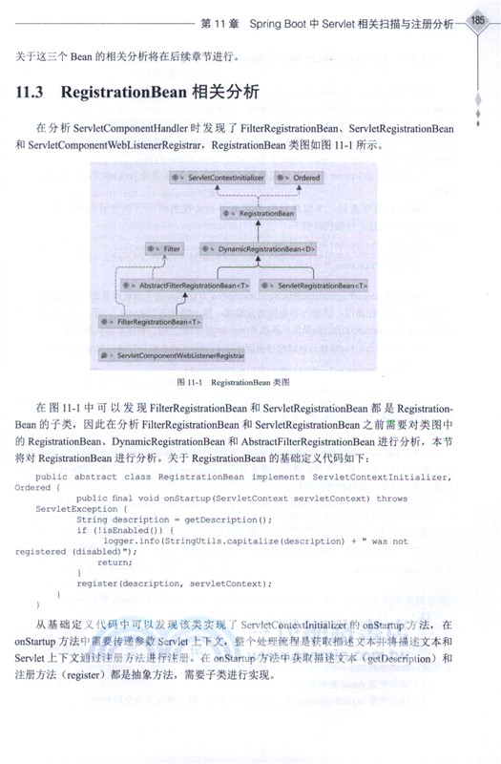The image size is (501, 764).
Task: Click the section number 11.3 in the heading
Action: coord(32,95)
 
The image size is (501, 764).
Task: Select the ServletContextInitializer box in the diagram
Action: coord(217,178)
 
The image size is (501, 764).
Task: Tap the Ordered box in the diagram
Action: coord(299,178)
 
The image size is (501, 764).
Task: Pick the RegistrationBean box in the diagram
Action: coord(259,213)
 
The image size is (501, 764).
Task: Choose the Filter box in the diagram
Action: coord(165,248)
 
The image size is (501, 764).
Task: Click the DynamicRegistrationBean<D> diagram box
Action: coord(261,248)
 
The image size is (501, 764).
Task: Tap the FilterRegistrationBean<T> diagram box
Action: coord(152,322)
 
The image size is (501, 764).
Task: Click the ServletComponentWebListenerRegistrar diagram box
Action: coord(172,355)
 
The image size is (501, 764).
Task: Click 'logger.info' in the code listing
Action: coord(133,541)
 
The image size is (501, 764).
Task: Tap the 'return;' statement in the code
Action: coord(115,562)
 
